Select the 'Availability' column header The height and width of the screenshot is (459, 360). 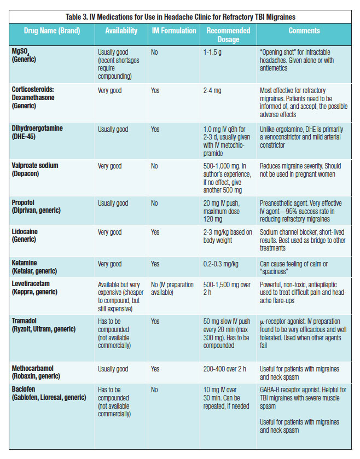point(121,31)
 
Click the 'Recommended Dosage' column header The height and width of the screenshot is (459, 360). point(229,35)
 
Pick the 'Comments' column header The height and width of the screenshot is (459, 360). point(304,31)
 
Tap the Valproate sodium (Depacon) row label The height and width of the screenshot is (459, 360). point(39,169)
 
